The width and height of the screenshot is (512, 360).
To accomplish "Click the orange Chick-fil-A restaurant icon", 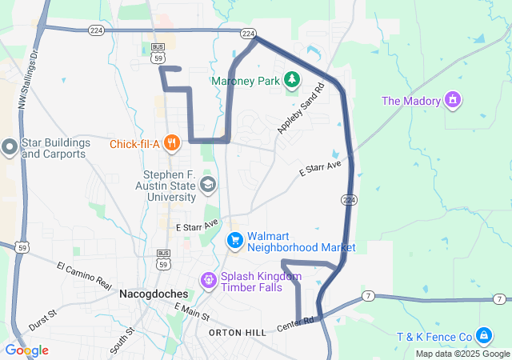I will [171, 144].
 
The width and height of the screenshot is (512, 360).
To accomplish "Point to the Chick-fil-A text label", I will [135, 144].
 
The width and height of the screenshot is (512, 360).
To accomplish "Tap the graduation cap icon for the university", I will [208, 186].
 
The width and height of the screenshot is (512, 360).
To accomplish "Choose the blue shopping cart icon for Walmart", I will [235, 239].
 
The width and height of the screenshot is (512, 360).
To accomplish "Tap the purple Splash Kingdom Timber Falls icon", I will [208, 280].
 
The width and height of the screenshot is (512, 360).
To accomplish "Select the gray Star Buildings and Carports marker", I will [8, 147].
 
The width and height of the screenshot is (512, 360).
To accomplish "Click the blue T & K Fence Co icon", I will [483, 334].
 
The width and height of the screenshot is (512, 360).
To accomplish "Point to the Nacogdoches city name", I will [154, 294].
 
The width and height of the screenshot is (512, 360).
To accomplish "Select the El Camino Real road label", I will [84, 274].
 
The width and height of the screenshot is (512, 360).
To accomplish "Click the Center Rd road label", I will [296, 325].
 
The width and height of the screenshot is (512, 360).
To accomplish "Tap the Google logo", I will [26, 350].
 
